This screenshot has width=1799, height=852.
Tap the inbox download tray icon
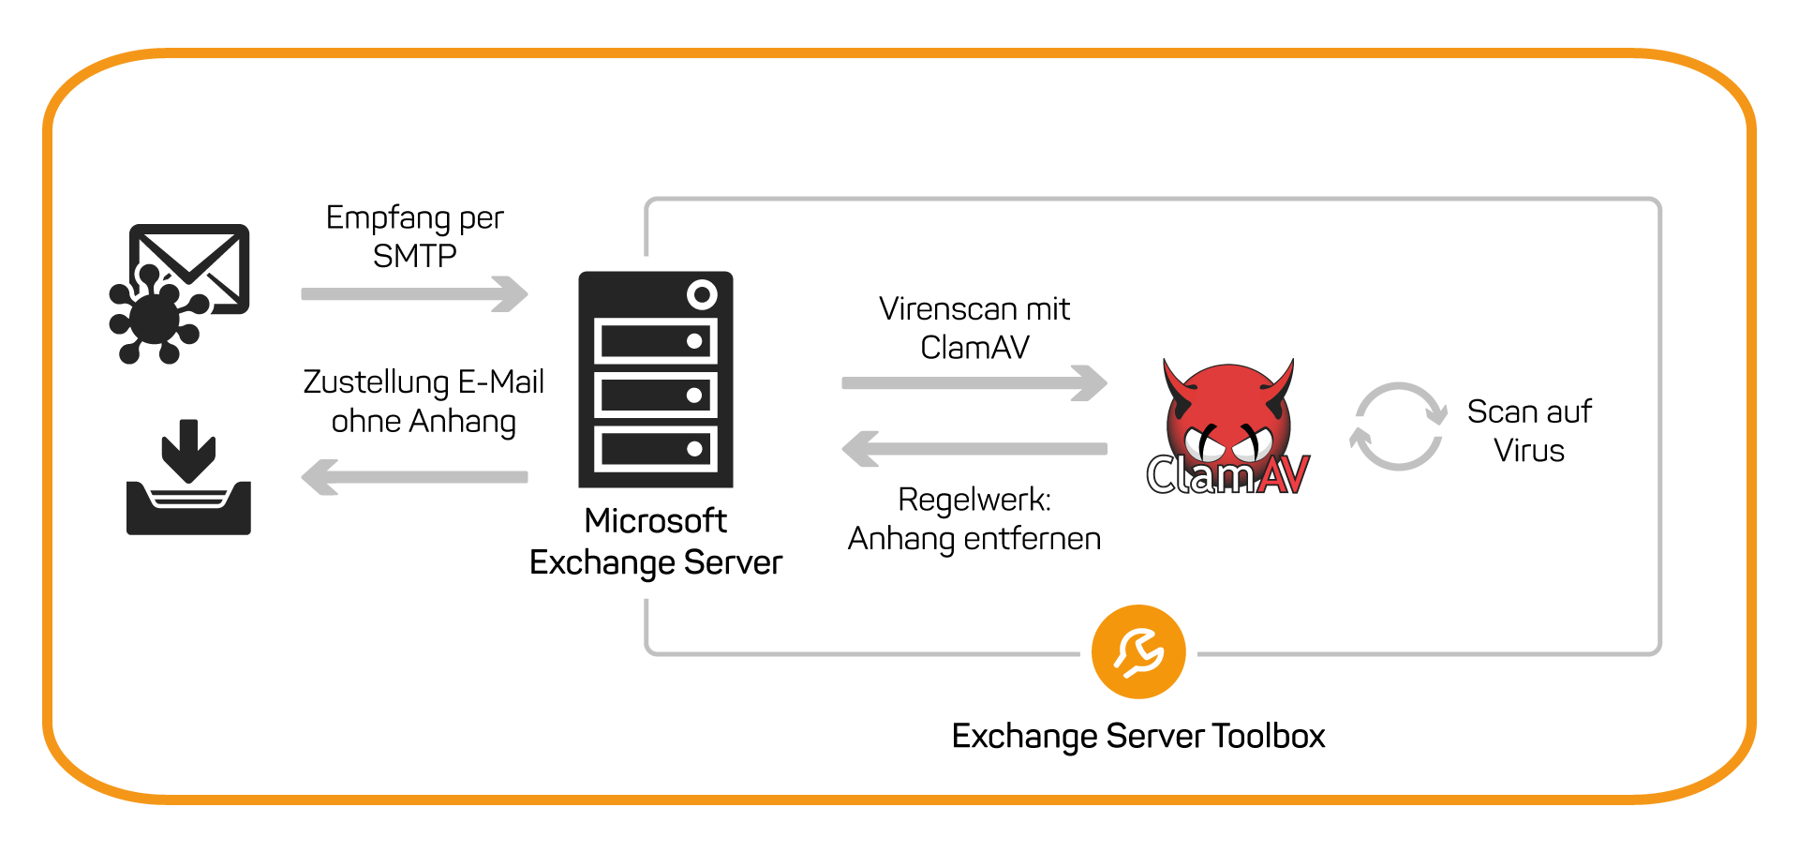188,477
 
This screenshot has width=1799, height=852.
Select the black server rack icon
655,380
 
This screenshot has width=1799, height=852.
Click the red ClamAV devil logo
1228,427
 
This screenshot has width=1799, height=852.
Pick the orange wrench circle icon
1138,651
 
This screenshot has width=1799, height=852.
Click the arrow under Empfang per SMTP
414,293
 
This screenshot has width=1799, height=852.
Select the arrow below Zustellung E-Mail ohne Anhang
414,477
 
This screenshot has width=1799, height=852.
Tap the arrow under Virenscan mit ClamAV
974,382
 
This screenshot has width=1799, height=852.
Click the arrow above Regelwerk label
974,449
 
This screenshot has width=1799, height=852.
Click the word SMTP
414,256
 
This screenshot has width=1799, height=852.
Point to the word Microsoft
655,520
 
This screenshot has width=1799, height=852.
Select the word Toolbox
1269,736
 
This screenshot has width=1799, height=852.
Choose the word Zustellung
377,382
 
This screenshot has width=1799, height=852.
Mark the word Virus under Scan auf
1529,451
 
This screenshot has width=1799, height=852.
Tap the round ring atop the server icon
702,295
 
